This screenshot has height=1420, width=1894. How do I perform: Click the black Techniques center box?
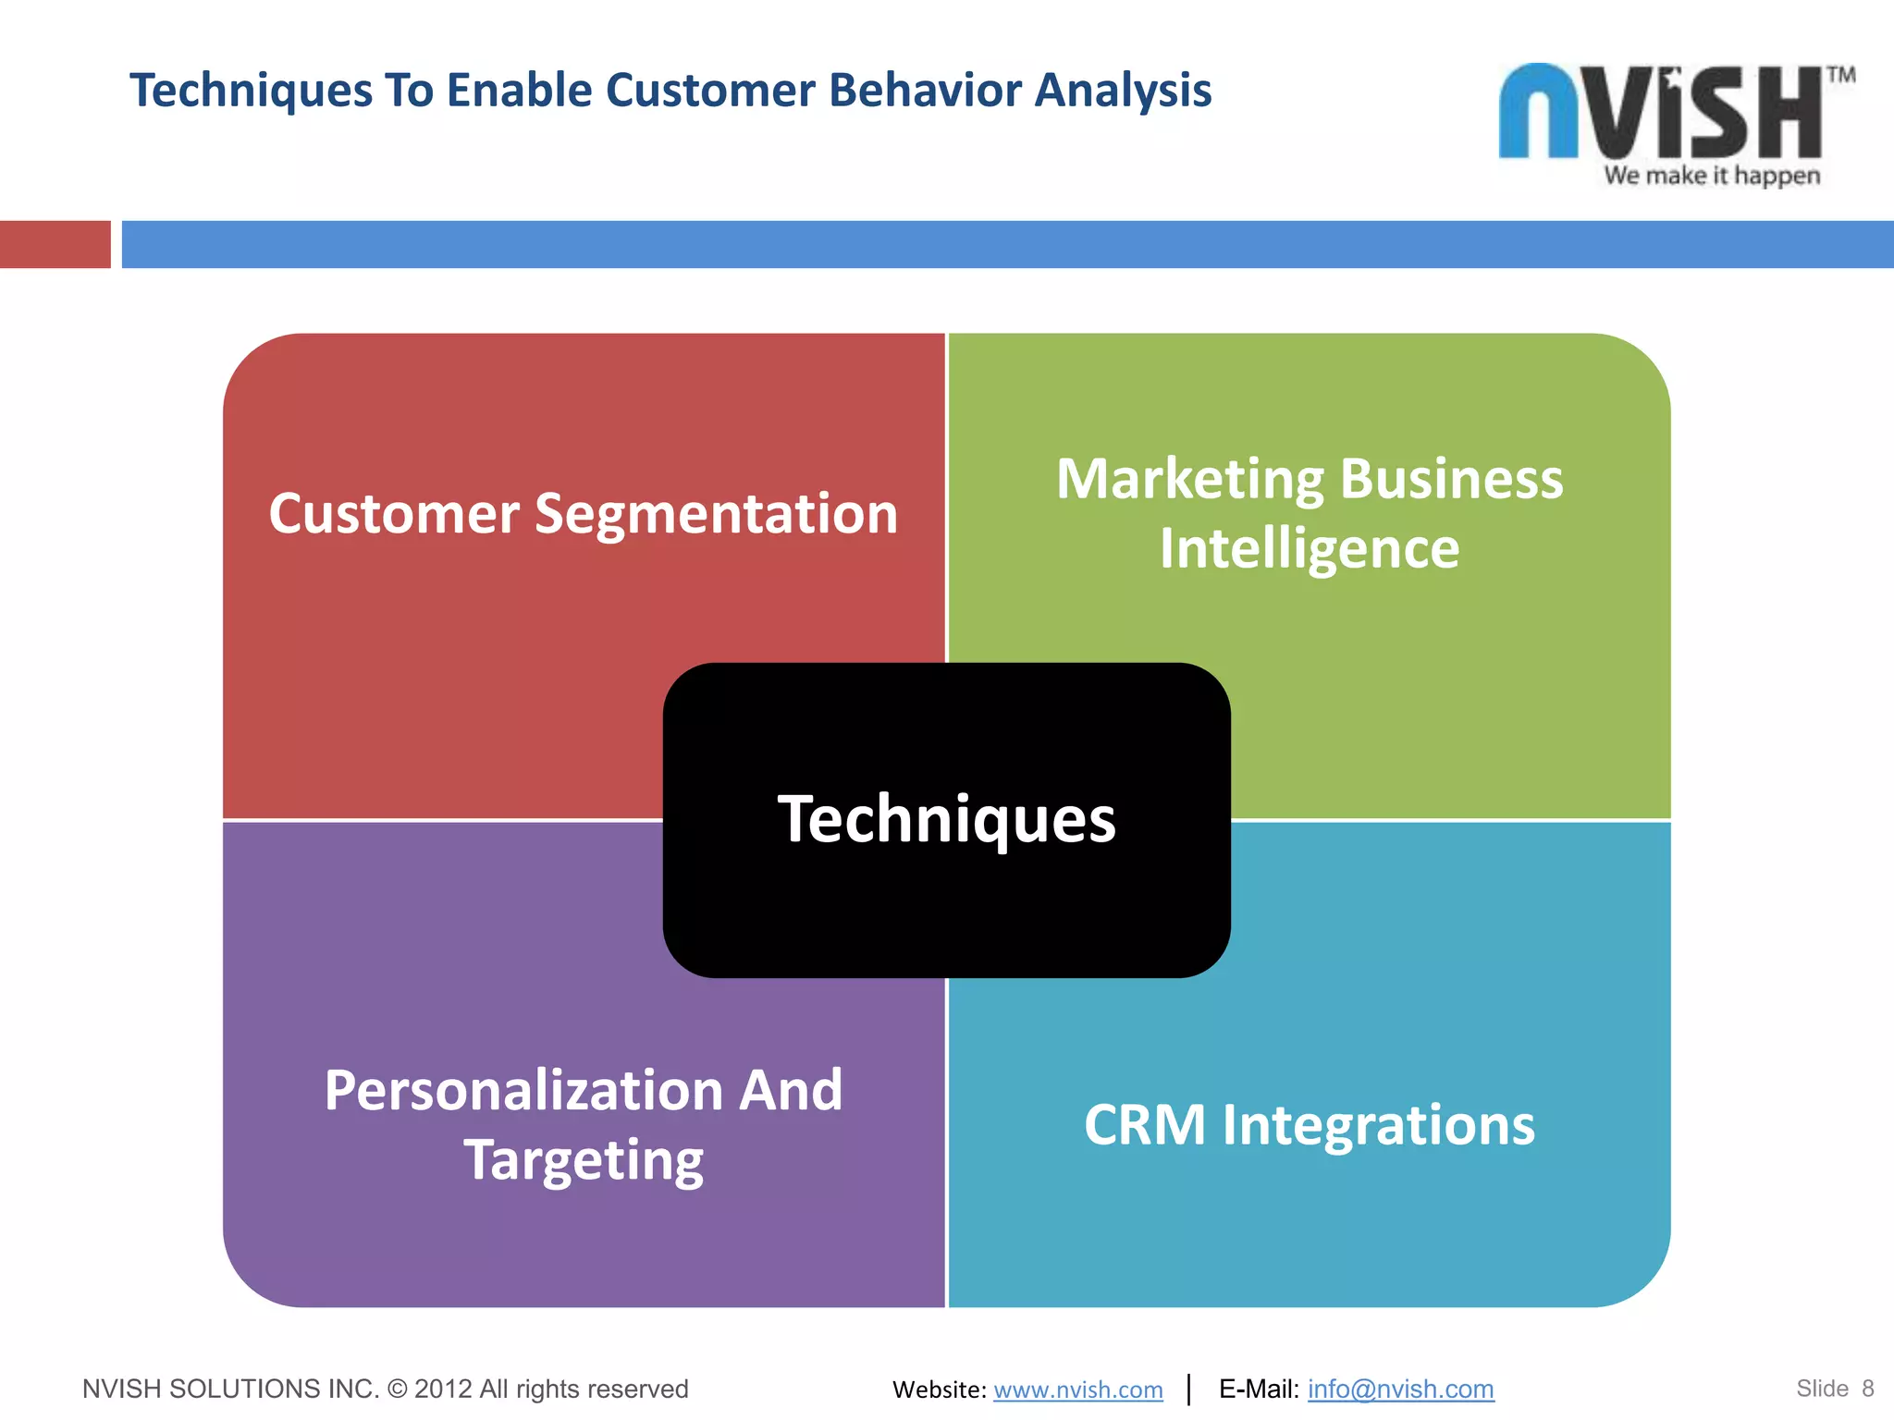(x=946, y=887)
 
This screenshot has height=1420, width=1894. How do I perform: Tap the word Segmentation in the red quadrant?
(x=716, y=514)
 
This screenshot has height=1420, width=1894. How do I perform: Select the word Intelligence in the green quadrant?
(x=1309, y=549)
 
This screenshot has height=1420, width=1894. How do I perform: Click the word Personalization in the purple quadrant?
(x=523, y=1091)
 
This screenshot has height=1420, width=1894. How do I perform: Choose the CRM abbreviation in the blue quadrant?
(x=1145, y=1126)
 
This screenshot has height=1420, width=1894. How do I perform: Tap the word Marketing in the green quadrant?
(x=1190, y=481)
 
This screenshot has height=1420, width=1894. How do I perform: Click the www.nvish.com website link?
(x=1077, y=1389)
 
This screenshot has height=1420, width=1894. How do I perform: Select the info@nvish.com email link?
(x=1400, y=1389)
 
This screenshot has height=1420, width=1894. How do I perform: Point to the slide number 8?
(x=1867, y=1389)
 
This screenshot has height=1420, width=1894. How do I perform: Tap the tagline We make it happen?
(x=1712, y=176)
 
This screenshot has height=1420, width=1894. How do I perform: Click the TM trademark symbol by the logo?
(x=1840, y=76)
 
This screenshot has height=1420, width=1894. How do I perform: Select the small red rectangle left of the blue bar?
(x=55, y=244)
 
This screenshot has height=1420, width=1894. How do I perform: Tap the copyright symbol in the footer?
(x=397, y=1389)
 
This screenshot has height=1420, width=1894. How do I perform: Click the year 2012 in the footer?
(x=443, y=1389)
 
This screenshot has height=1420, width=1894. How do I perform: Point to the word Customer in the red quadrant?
(x=394, y=514)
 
